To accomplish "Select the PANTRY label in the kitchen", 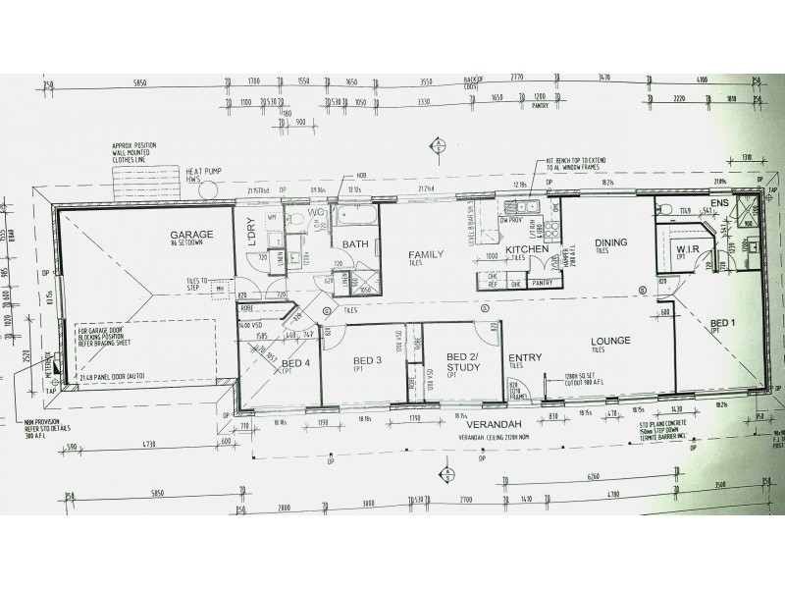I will [x=541, y=283].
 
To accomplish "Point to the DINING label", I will [x=610, y=242].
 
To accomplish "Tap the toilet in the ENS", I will [x=667, y=207].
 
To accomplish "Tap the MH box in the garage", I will [x=220, y=289].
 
